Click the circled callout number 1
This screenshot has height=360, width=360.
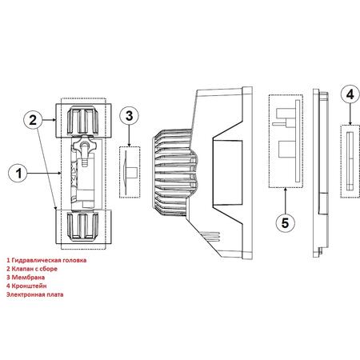pyautogui.click(x=18, y=174)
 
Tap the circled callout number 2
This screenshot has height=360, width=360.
pyautogui.click(x=33, y=120)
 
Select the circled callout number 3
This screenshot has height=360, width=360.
pyautogui.click(x=130, y=116)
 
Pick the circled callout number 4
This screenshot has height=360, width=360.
pyautogui.click(x=350, y=94)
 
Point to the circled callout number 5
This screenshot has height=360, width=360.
pyautogui.click(x=286, y=222)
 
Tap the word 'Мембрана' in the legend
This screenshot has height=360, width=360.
pyautogui.click(x=28, y=278)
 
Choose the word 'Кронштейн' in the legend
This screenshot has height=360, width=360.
pyautogui.click(x=29, y=286)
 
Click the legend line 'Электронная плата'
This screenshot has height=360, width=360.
pyautogui.click(x=35, y=294)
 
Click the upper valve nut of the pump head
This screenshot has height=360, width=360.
pyautogui.click(x=83, y=121)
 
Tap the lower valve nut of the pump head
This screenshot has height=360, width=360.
pyautogui.click(x=82, y=226)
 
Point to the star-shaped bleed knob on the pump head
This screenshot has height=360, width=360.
pyautogui.click(x=84, y=146)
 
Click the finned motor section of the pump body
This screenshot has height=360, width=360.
pyautogui.click(x=174, y=173)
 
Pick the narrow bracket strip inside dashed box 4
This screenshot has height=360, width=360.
pyautogui.click(x=350, y=161)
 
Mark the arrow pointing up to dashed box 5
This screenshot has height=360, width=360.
pyautogui.click(x=286, y=200)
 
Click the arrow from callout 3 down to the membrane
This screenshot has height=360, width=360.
pyautogui.click(x=130, y=136)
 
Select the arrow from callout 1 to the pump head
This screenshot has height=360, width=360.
pyautogui.click(x=45, y=174)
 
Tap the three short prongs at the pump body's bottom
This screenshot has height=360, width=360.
pyautogui.click(x=210, y=236)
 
